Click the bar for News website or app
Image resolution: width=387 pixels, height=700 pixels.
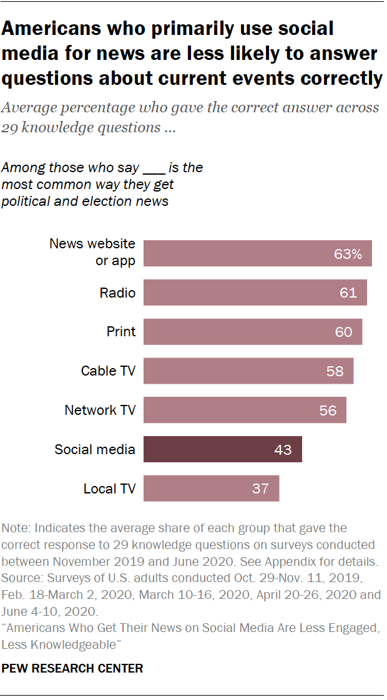pyautogui.click(x=257, y=253)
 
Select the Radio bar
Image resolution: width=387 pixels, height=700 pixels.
pyautogui.click(x=255, y=293)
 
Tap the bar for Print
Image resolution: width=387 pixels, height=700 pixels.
pyautogui.click(x=253, y=332)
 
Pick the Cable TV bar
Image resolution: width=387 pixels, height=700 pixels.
pyautogui.click(x=248, y=371)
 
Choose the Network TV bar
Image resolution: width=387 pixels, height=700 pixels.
pyautogui.click(x=245, y=410)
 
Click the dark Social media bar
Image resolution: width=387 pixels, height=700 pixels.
pyautogui.click(x=222, y=449)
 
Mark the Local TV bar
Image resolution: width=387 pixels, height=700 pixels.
pyautogui.click(x=211, y=488)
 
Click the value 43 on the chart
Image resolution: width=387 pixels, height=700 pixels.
pyautogui.click(x=283, y=449)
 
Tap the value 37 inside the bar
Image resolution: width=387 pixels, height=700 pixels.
pyautogui.click(x=260, y=489)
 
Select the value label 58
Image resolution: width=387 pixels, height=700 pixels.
pyautogui.click(x=335, y=371)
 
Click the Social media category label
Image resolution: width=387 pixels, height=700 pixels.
pyautogui.click(x=95, y=449)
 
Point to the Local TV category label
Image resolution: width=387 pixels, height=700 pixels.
pyautogui.click(x=109, y=489)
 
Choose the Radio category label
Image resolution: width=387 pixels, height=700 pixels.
pyautogui.click(x=117, y=293)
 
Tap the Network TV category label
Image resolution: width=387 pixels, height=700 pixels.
pyautogui.click(x=100, y=410)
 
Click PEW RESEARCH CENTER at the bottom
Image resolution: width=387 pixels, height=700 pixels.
pyautogui.click(x=72, y=668)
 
